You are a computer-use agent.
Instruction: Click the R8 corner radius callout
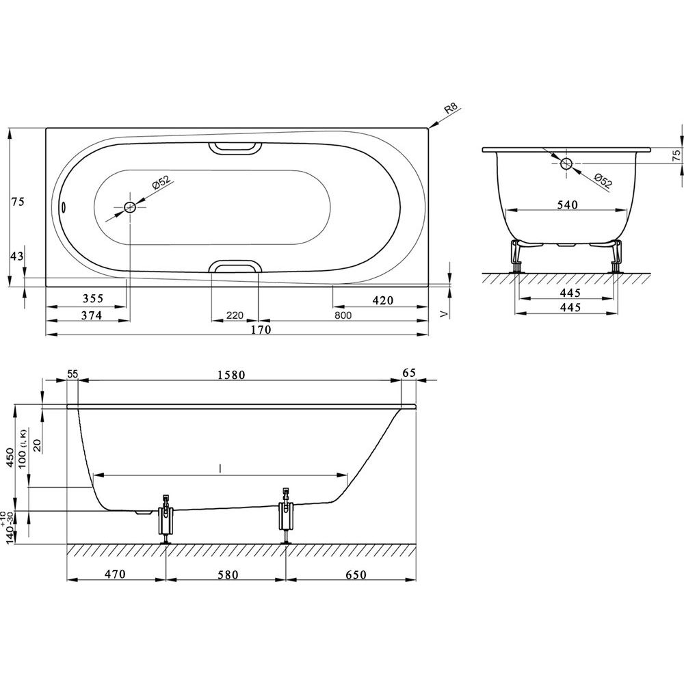451,109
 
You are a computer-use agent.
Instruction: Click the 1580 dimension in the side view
231,375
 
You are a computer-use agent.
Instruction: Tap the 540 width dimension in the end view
568,205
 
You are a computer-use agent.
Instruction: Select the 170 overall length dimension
261,330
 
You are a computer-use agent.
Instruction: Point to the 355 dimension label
93,298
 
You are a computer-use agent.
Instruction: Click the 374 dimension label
92,315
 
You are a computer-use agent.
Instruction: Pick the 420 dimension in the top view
383,300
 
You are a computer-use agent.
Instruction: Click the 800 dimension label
343,315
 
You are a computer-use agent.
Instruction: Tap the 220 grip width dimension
235,315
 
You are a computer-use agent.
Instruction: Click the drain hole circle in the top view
130,208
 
